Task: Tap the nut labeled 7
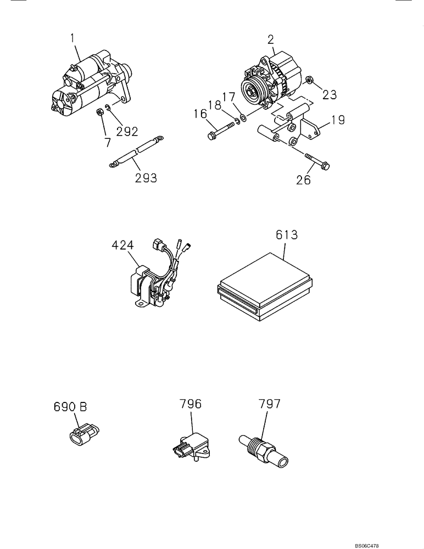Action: coord(100,113)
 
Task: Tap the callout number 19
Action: coord(338,120)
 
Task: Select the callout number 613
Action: coord(287,235)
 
